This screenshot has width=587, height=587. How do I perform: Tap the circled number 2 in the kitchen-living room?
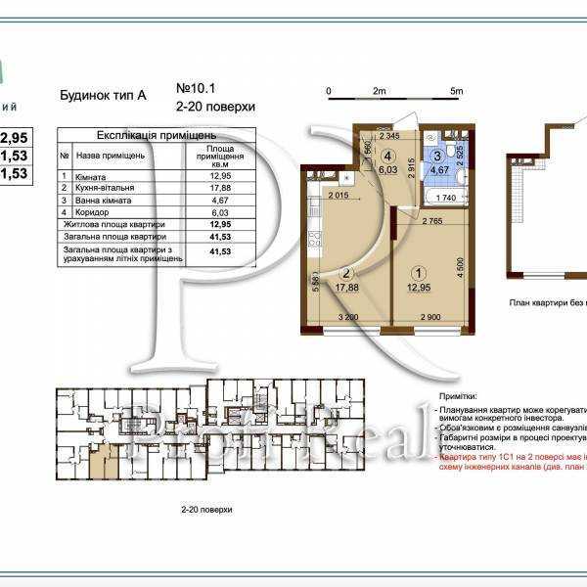pyautogui.click(x=345, y=274)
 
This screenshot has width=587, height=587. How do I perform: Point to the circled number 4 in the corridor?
pyautogui.click(x=388, y=155)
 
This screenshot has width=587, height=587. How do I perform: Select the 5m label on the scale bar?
pyautogui.click(x=456, y=91)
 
